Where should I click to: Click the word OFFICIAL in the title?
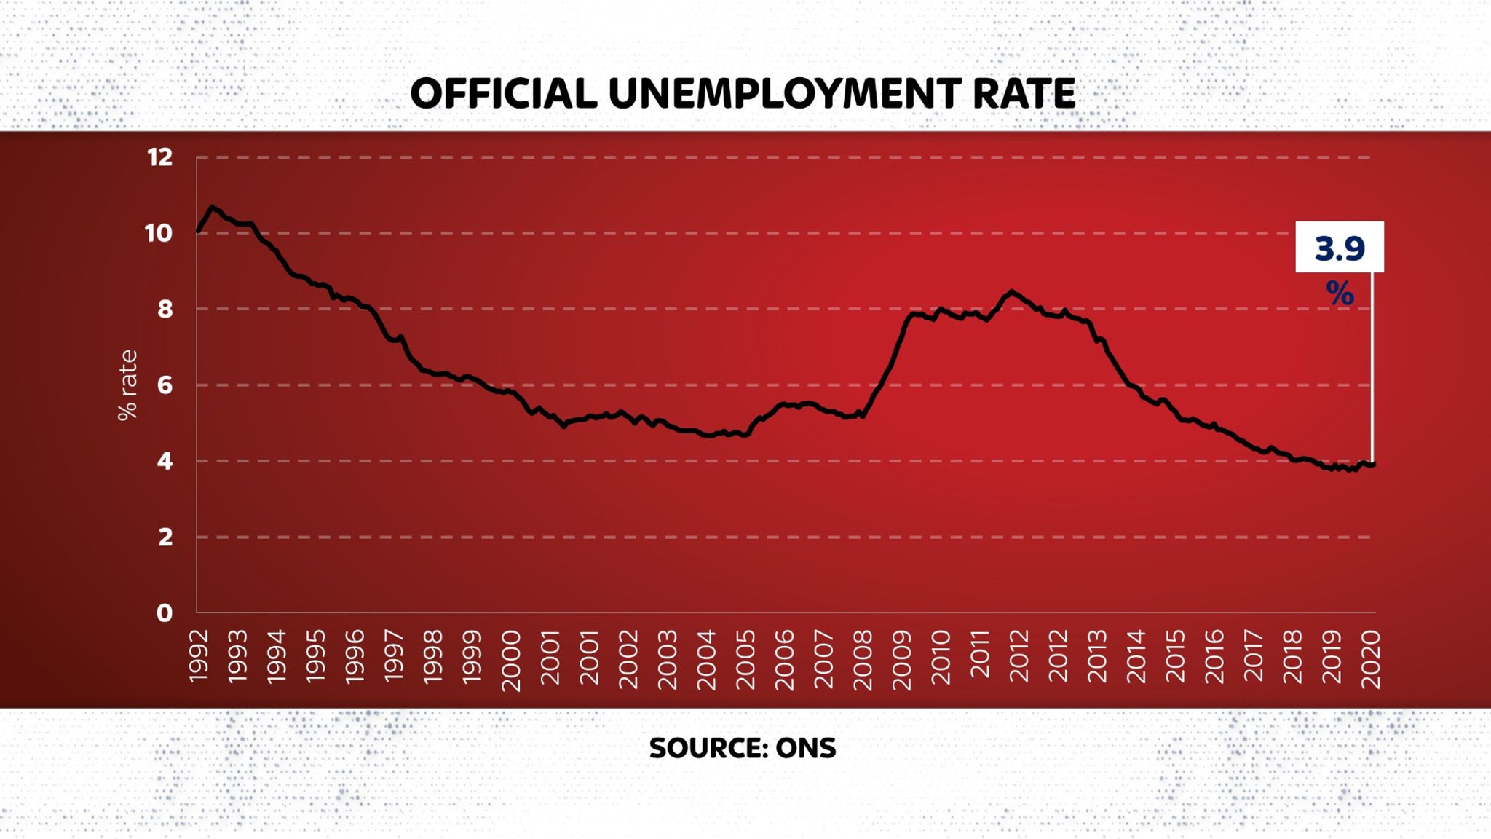pyautogui.click(x=504, y=94)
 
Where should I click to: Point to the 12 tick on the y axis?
pyautogui.click(x=159, y=157)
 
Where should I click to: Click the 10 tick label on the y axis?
pyautogui.click(x=159, y=233)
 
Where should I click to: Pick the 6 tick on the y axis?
pyautogui.click(x=165, y=385)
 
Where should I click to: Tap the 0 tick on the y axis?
pyautogui.click(x=165, y=612)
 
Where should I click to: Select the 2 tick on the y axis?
pyautogui.click(x=165, y=537)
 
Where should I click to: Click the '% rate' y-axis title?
pyautogui.click(x=127, y=385)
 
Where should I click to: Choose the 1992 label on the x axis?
pyautogui.click(x=199, y=657)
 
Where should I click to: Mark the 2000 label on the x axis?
pyautogui.click(x=511, y=661)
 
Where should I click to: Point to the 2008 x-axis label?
pyautogui.click(x=862, y=660)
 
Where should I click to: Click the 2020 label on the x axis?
pyautogui.click(x=1370, y=660)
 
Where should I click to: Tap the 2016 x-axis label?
pyautogui.click(x=1214, y=657)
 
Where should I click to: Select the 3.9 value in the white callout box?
pyautogui.click(x=1340, y=248)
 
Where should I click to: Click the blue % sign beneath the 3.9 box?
pyautogui.click(x=1340, y=294)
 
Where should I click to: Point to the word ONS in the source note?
pyautogui.click(x=806, y=748)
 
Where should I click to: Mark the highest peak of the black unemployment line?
pyautogui.click(x=212, y=207)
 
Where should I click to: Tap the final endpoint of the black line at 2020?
pyautogui.click(x=1372, y=464)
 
